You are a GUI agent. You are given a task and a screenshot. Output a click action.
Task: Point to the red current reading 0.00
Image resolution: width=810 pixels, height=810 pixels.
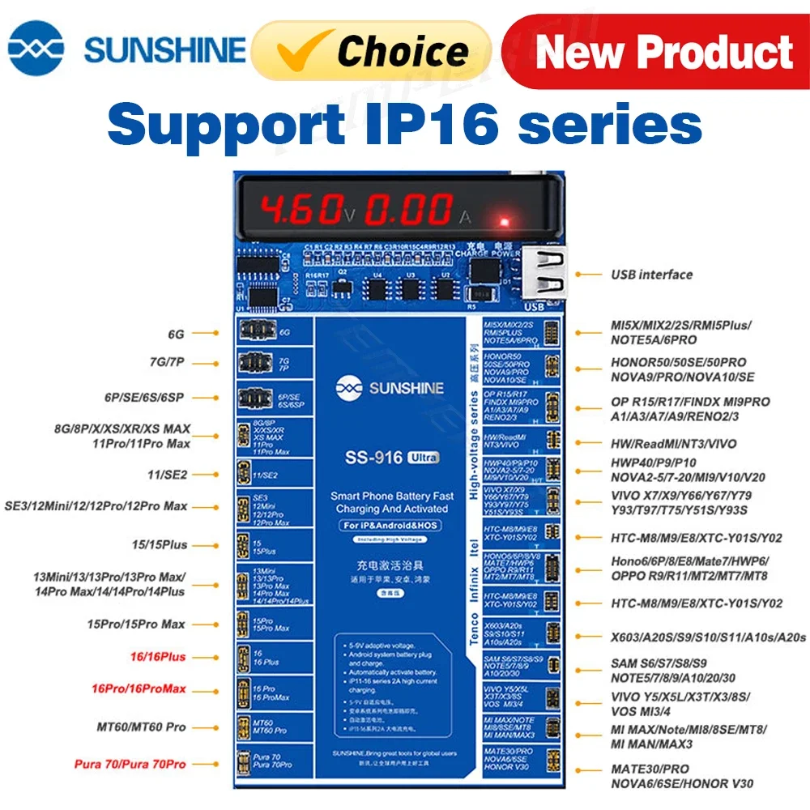click(x=408, y=210)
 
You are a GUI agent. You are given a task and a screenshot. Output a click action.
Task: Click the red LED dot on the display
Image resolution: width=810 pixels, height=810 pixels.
click(x=504, y=221)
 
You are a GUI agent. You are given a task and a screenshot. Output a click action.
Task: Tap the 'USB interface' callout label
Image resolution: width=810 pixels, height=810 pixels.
click(x=651, y=275)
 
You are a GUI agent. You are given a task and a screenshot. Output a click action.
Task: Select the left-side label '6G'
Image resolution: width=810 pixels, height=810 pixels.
click(x=176, y=332)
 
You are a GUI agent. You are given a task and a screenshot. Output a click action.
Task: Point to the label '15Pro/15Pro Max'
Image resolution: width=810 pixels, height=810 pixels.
click(x=136, y=624)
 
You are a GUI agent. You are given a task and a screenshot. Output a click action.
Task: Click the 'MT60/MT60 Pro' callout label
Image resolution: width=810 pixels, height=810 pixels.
click(x=142, y=727)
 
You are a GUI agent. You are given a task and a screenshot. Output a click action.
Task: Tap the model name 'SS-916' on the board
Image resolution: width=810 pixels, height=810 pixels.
click(x=374, y=457)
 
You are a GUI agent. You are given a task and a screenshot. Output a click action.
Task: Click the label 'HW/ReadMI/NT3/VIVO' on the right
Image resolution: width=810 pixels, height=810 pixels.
click(x=673, y=444)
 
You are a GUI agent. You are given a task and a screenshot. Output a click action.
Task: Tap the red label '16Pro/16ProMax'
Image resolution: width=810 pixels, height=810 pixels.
click(x=139, y=688)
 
